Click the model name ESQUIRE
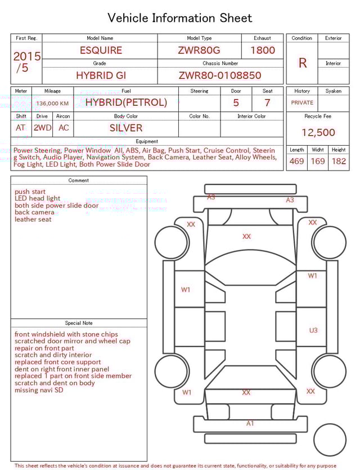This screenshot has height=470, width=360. point(101,50)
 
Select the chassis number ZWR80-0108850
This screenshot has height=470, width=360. point(220,75)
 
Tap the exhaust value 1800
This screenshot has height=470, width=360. point(263,50)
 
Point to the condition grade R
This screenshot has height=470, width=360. point(303,63)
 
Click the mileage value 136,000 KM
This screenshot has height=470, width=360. point(52,104)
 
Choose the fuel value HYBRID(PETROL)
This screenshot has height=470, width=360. point(126,102)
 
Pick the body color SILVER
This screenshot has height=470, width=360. point(126,128)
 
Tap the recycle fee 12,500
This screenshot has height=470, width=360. point(318,133)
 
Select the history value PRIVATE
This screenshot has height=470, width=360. point(302,103)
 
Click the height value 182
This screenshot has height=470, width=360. point(339,162)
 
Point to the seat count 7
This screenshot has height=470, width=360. point(267,103)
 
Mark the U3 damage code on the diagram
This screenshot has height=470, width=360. point(313,330)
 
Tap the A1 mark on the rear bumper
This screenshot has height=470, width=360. point(250,423)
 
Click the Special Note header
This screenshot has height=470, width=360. point(79,323)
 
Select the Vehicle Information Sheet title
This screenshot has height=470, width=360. point(180,18)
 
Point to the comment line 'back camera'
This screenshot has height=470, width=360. point(34,212)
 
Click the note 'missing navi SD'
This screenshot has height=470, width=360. point(39,390)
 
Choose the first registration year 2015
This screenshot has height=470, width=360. point(27,56)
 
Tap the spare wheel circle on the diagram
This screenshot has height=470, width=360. point(330,440)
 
